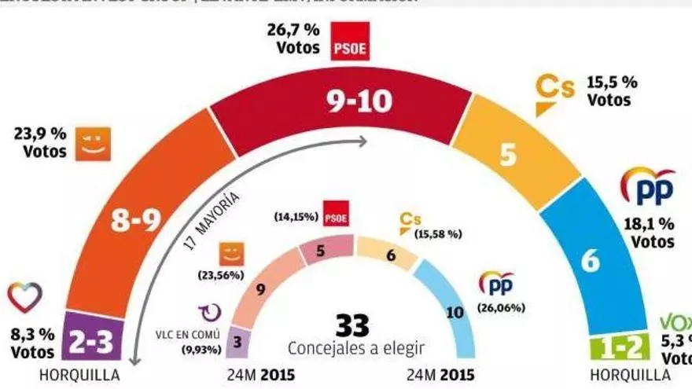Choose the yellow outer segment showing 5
[x=507, y=156]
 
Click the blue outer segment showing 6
[x=589, y=261]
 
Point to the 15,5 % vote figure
[x=613, y=81]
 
